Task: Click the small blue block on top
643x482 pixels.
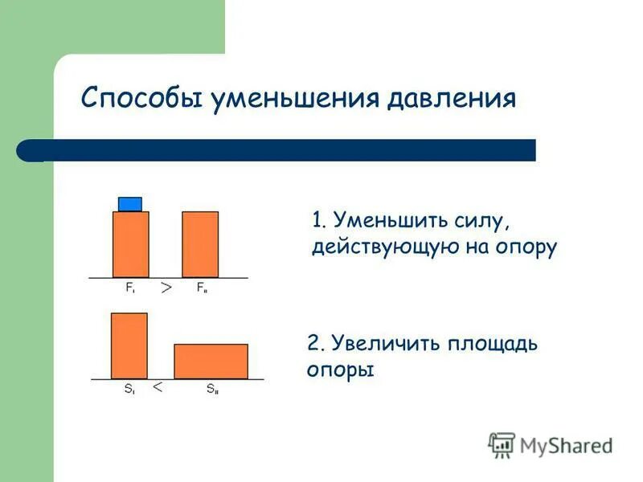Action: point(130,204)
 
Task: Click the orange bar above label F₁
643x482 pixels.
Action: point(130,244)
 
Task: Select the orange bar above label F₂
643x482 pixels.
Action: point(200,244)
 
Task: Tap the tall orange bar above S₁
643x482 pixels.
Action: point(129,345)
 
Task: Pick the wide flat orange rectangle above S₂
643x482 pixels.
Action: point(211,361)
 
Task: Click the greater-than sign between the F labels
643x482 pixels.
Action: point(166,287)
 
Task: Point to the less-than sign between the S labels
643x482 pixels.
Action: point(158,387)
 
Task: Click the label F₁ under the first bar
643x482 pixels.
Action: point(129,287)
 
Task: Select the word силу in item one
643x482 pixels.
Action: point(473,219)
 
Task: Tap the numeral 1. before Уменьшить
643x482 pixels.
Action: point(319,219)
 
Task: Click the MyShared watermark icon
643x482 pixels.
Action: point(502,444)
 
